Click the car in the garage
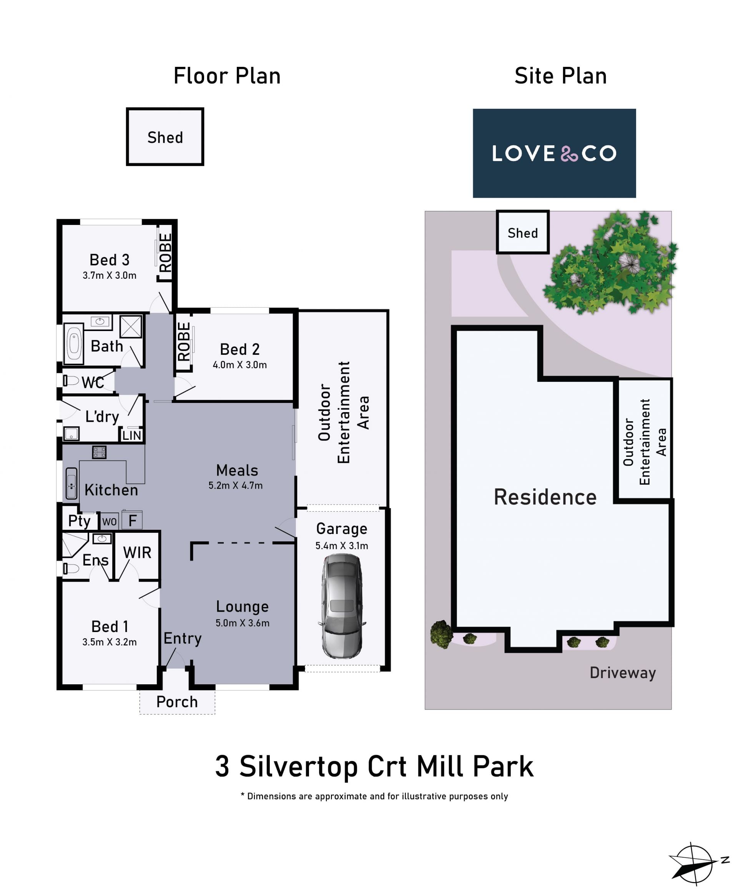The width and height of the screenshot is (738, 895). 342,606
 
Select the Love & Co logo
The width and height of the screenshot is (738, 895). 554,153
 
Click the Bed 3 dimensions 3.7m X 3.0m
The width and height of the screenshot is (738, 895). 110,276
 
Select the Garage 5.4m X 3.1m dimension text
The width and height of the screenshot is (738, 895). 342,546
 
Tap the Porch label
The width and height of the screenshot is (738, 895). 177,702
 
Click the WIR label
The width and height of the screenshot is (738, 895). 137,553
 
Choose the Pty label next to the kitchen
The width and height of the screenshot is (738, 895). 80,521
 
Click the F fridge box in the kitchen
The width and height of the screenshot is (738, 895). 132,521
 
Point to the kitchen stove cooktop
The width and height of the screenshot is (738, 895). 99,452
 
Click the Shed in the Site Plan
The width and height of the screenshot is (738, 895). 523,233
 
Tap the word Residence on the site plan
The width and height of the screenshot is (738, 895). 545,497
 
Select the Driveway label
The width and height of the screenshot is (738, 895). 623,673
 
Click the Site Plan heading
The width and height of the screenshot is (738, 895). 560,76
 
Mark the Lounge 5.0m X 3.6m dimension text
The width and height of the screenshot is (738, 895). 242,623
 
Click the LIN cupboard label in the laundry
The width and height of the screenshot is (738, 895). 132,435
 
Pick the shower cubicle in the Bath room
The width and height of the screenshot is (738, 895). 131,327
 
